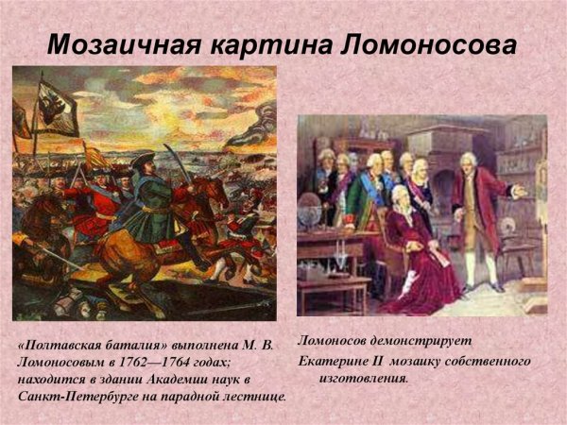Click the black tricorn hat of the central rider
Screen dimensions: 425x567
tap(144, 159)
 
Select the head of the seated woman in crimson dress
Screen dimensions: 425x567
tap(401, 196)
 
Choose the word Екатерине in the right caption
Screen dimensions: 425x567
tap(336, 361)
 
